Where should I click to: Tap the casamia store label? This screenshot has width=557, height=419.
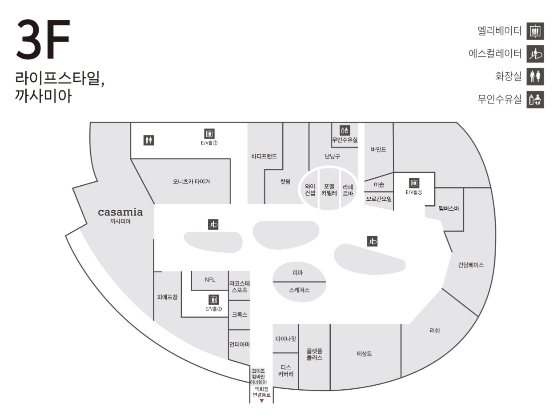click(x=120, y=212)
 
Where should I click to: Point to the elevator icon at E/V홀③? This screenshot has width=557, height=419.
click(x=209, y=133)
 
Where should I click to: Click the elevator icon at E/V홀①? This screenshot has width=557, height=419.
click(x=414, y=183)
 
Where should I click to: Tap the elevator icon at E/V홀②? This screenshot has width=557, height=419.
click(x=214, y=299)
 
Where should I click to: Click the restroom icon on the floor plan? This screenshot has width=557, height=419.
click(x=149, y=140)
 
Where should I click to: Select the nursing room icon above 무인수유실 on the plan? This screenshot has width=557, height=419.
click(x=345, y=130)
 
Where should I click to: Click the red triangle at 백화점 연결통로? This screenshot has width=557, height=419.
click(x=262, y=401)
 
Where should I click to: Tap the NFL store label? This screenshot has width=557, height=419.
click(x=210, y=280)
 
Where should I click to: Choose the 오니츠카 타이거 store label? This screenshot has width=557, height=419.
click(x=192, y=182)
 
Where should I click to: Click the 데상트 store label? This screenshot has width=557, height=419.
click(x=365, y=354)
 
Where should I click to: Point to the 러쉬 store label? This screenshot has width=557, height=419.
click(x=435, y=331)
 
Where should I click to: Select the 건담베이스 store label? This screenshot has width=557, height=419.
click(x=471, y=265)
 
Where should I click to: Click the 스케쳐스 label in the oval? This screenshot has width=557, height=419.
click(x=299, y=289)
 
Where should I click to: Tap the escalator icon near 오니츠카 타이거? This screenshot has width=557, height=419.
click(x=213, y=224)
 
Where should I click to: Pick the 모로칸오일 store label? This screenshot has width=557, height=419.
click(x=379, y=199)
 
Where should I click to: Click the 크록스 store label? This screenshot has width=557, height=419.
click(x=239, y=315)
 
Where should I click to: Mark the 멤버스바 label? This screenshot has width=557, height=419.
click(x=449, y=208)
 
